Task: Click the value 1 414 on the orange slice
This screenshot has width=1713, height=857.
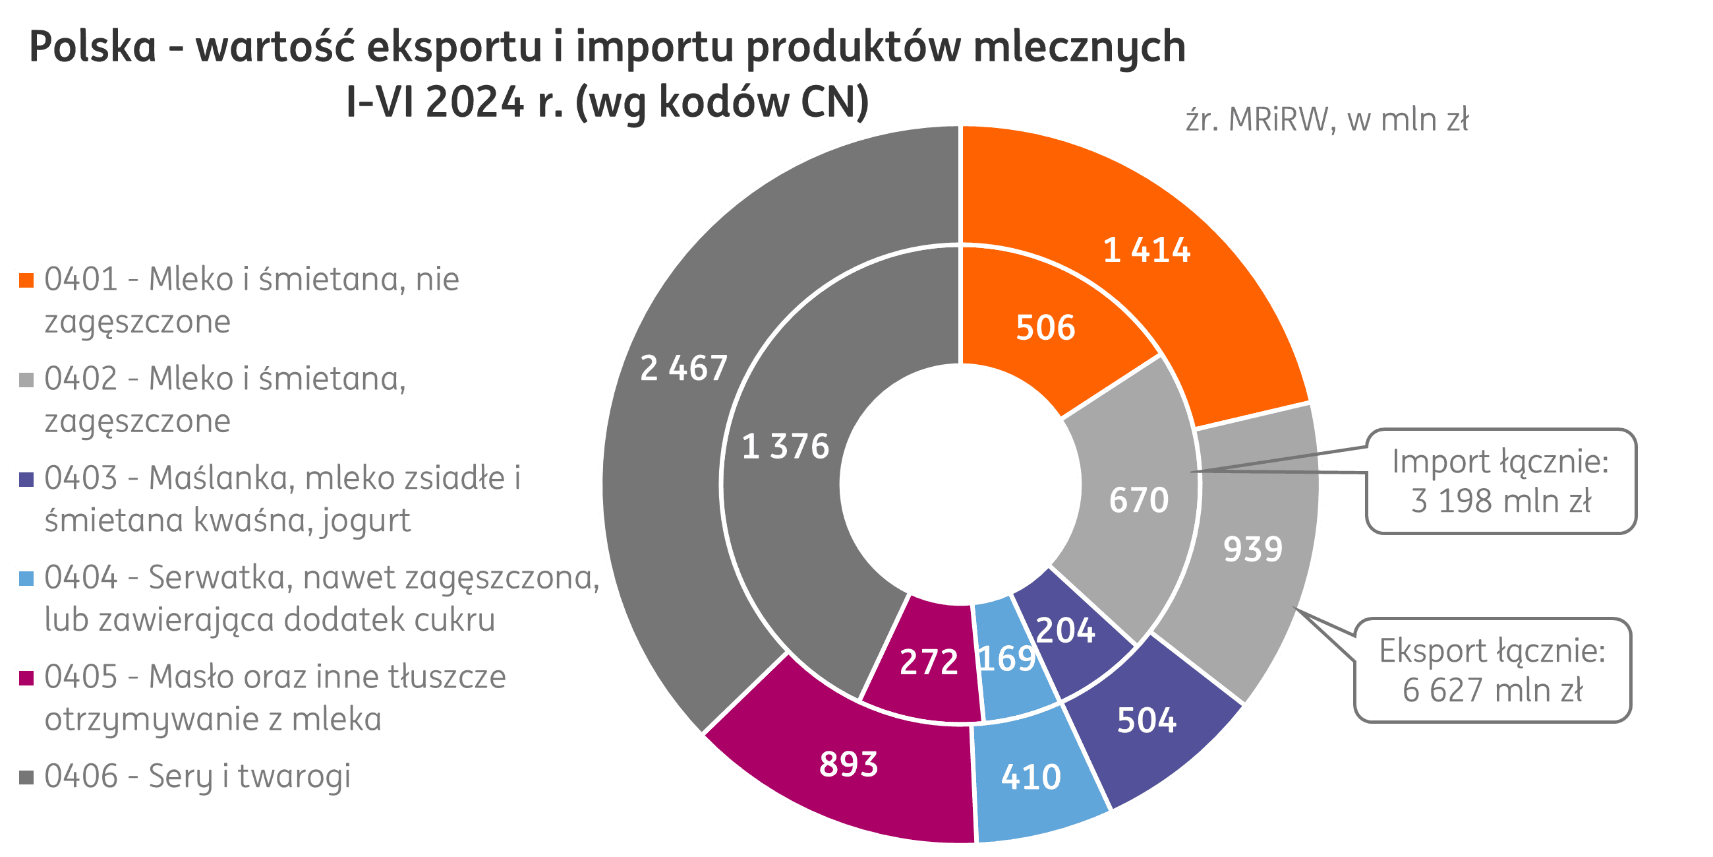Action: coord(1146,251)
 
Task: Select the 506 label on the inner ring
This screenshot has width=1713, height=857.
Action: coord(1045,328)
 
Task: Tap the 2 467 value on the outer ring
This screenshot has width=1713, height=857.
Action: coord(683,368)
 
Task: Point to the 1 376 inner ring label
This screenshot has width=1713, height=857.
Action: coord(786,447)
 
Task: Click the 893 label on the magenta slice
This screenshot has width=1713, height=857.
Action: coord(848,764)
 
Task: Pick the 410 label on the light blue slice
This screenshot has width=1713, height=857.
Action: coord(1031,777)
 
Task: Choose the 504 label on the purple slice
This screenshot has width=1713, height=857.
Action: coord(1146,720)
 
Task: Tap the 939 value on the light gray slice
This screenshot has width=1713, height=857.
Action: coord(1253,550)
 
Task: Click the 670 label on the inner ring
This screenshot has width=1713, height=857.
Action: coord(1138,500)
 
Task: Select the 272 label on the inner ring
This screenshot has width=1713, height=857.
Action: coord(928,662)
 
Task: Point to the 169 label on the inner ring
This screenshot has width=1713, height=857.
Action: coord(1007,658)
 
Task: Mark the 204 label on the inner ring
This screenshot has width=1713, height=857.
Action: coord(1065,631)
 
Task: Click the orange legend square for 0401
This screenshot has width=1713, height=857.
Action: coord(26,280)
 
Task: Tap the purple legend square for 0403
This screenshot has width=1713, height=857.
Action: coord(26,479)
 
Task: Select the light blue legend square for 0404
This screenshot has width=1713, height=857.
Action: coord(26,578)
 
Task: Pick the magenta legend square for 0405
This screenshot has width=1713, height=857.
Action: coord(26,678)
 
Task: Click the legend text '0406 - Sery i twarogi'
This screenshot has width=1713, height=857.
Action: coord(198,777)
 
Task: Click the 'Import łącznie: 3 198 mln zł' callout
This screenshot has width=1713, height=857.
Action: coord(1500,481)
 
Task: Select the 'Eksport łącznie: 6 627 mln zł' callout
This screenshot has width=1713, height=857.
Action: coord(1492,670)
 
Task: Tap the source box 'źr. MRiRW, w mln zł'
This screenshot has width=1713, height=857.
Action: coord(1333,124)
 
